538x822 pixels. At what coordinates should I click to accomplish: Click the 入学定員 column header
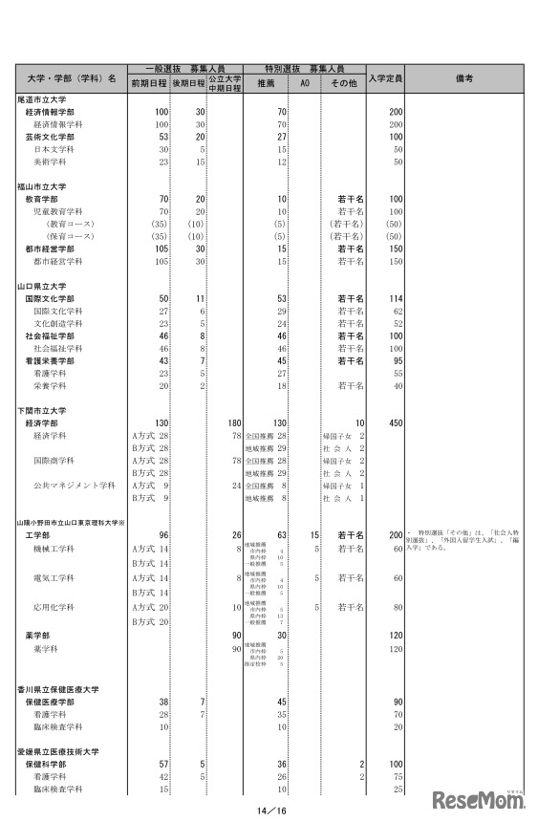(x=386, y=76)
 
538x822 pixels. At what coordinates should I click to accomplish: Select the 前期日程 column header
(x=149, y=83)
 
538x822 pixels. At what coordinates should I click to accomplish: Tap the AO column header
(x=303, y=83)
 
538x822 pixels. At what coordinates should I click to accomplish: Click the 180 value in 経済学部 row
(x=233, y=422)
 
